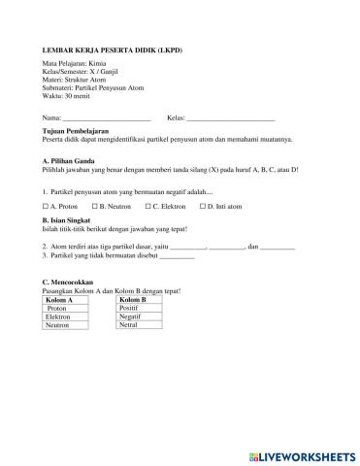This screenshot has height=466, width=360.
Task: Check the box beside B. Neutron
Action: coord(94,206)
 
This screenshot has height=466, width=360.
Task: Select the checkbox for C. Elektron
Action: coord(147,206)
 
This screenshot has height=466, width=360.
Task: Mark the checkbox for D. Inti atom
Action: coord(202,206)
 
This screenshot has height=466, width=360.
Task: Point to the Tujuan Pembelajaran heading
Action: coord(76,130)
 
